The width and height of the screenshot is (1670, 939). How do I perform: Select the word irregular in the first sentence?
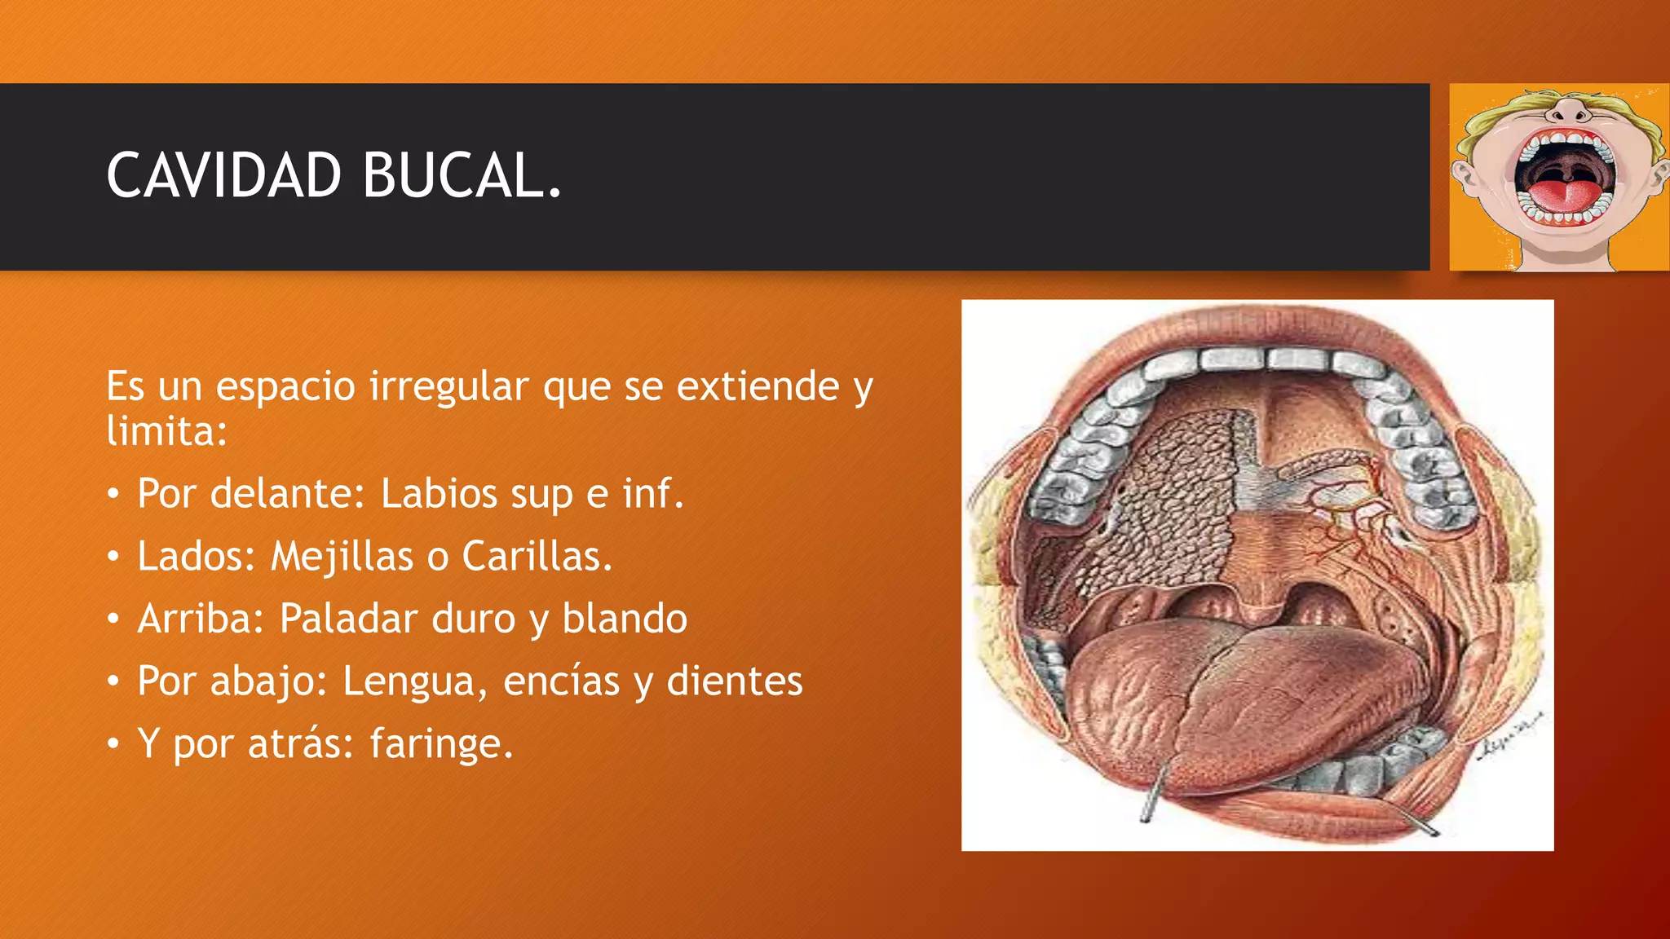click(x=448, y=386)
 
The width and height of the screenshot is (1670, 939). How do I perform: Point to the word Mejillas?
click(x=342, y=557)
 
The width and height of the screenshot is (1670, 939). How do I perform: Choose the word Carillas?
click(x=536, y=557)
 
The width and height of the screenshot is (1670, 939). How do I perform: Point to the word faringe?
click(x=440, y=744)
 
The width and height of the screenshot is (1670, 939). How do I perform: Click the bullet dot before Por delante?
click(x=114, y=494)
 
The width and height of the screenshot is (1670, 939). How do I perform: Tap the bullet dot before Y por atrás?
click(x=114, y=744)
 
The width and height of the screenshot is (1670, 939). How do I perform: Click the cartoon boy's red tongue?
click(x=1562, y=196)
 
